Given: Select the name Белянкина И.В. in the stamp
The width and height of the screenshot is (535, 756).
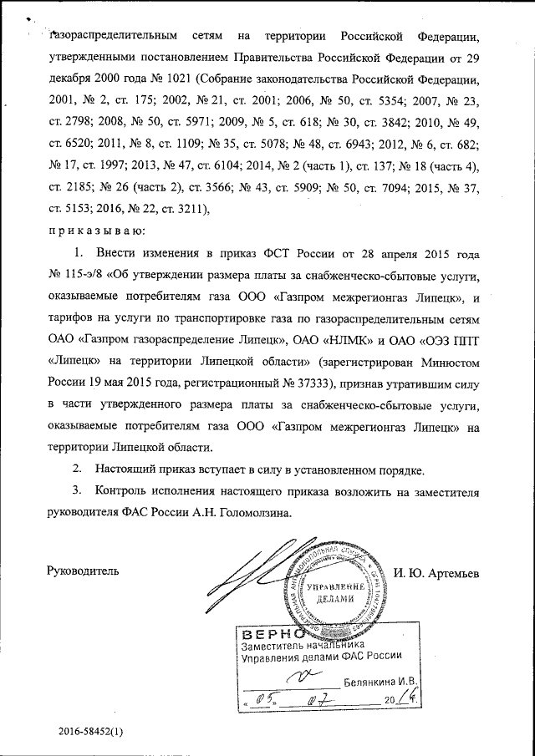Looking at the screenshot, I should (x=380, y=682).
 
